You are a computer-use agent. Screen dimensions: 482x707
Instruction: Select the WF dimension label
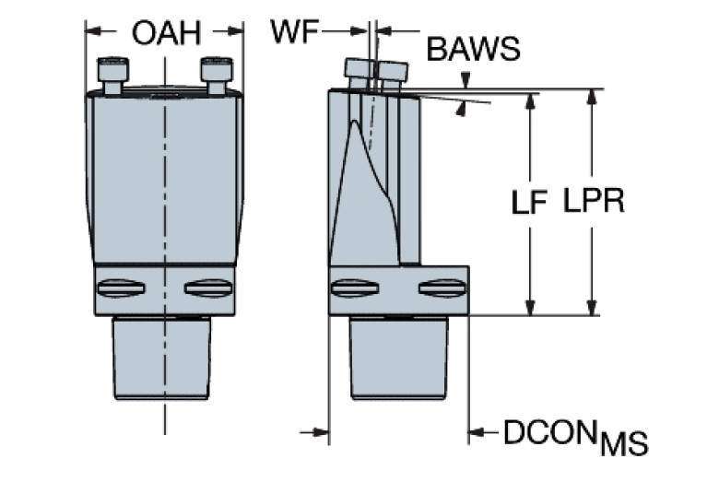294,31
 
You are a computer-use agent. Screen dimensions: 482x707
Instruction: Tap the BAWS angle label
473,49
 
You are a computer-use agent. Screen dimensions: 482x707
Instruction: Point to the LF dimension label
531,202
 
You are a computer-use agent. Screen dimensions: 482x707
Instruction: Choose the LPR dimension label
594,202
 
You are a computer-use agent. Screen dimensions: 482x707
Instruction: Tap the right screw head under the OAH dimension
217,70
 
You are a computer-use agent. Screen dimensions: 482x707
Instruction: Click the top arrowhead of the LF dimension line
530,97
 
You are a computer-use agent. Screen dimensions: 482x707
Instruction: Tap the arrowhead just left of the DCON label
479,430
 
